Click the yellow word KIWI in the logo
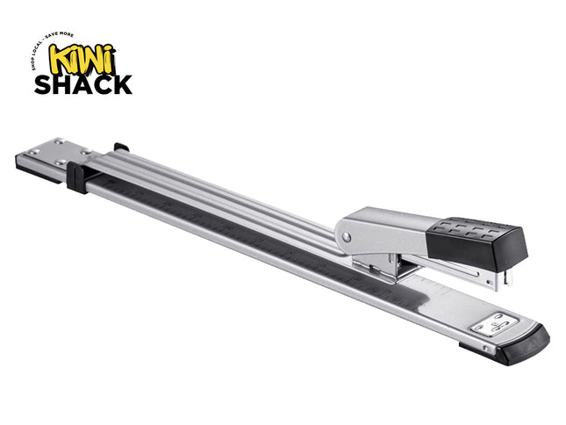pyautogui.click(x=82, y=58)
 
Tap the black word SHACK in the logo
pyautogui.click(x=82, y=84)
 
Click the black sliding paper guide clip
pyautogui.click(x=76, y=176)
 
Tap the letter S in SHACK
pyautogui.click(x=44, y=84)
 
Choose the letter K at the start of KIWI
pyautogui.click(x=60, y=58)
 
